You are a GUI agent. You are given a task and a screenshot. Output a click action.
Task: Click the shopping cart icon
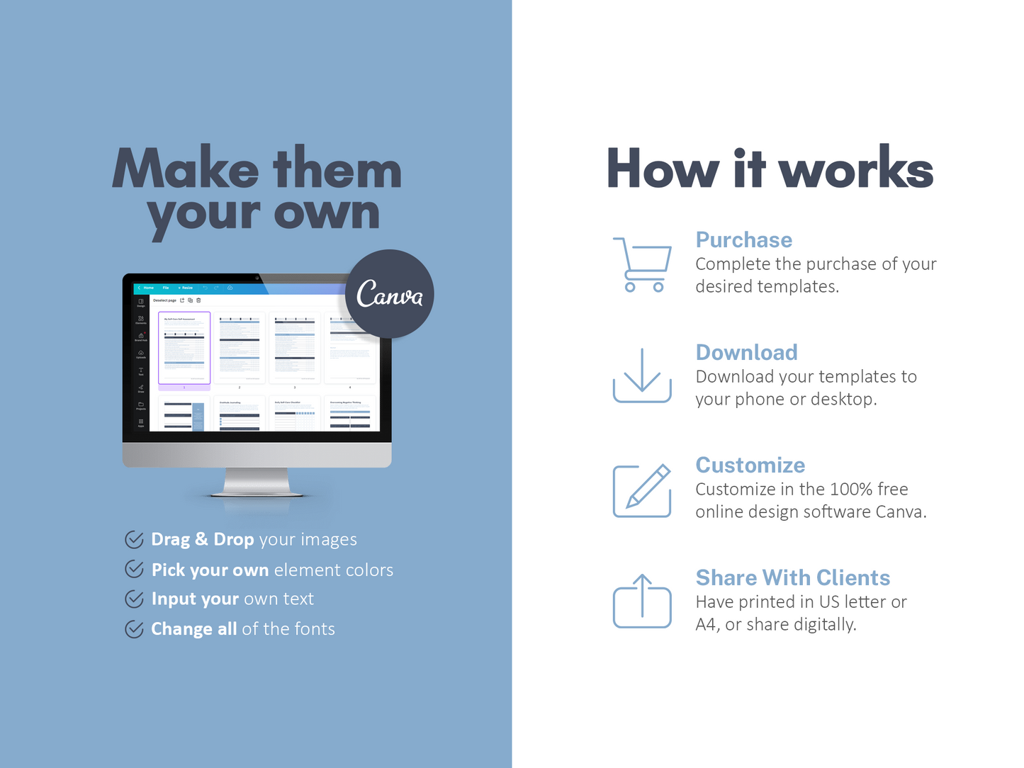[642, 264]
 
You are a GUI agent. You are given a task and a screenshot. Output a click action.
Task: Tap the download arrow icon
[642, 375]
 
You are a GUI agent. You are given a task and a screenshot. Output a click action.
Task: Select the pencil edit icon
[642, 490]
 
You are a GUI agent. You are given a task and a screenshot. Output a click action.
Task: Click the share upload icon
[642, 601]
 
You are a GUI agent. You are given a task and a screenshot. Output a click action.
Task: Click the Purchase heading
[743, 240]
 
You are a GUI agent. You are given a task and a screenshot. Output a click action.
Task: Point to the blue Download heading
[746, 353]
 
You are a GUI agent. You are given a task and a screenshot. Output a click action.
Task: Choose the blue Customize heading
[750, 465]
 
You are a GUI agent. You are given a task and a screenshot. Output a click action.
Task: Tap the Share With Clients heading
[792, 578]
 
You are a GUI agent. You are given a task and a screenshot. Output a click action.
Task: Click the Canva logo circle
[390, 294]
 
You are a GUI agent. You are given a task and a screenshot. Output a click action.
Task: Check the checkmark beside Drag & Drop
[134, 540]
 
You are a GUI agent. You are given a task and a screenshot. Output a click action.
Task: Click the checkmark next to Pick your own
[134, 569]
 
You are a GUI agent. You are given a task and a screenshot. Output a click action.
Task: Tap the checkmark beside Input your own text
[134, 599]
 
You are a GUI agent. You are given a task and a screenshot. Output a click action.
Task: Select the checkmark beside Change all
[134, 629]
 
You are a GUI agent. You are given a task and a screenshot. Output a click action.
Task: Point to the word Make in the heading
[186, 169]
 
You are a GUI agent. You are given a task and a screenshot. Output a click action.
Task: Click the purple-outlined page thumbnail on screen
[184, 348]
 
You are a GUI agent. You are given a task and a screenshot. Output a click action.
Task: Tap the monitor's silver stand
[257, 482]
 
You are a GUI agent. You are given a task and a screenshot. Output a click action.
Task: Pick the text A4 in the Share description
[706, 625]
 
